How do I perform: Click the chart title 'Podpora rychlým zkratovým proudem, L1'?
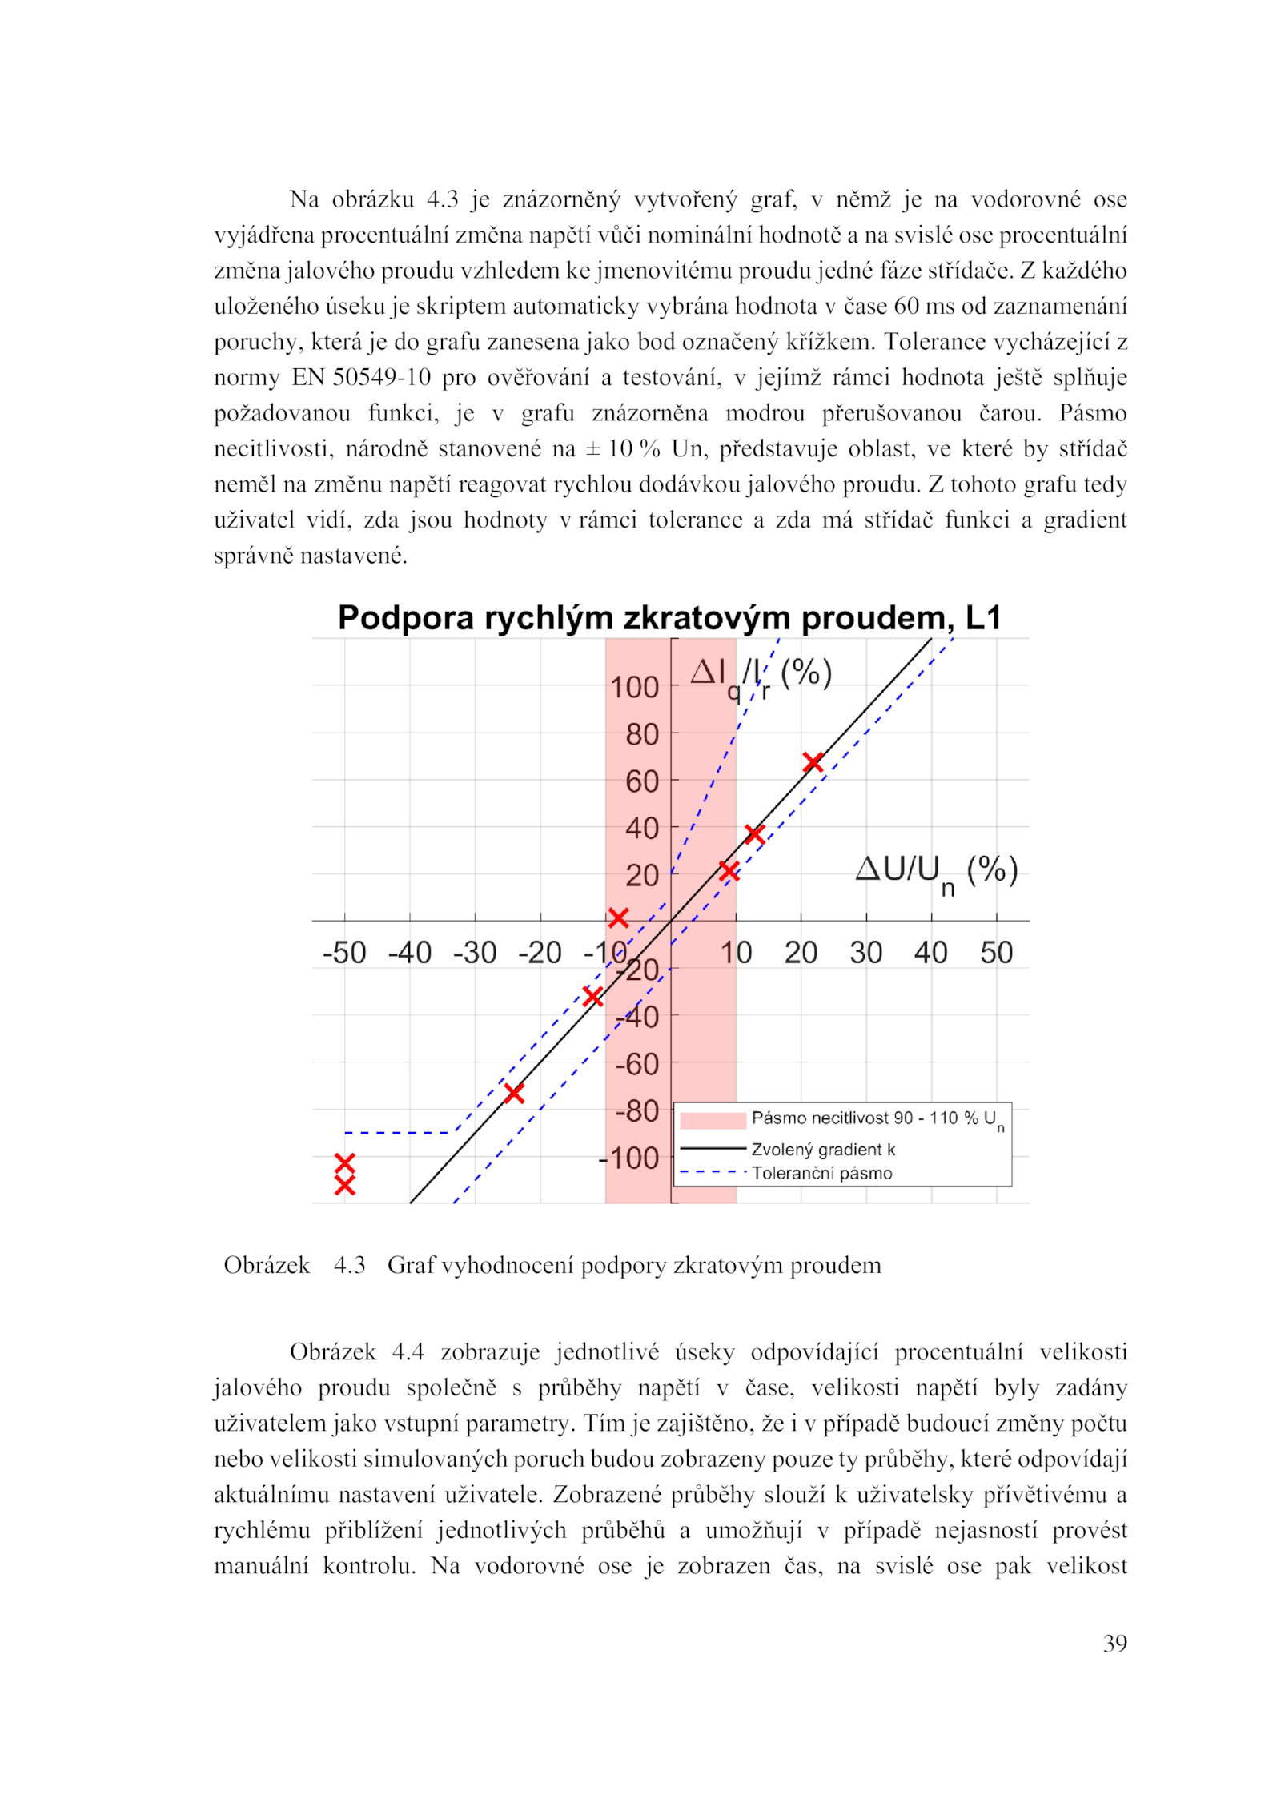pos(669,618)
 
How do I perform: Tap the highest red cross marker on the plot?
pos(813,762)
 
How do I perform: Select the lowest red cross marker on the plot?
pos(344,1186)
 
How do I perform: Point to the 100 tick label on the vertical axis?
pos(634,687)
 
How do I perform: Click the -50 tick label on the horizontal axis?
pos(344,953)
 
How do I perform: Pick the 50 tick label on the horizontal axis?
pos(996,953)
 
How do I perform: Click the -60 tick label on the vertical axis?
pos(637,1064)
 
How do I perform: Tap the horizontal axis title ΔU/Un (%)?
pos(936,871)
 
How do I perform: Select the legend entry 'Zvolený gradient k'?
pos(823,1150)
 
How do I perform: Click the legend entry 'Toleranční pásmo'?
pos(821,1173)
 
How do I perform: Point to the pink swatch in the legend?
pos(713,1120)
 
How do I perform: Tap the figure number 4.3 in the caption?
pos(349,1265)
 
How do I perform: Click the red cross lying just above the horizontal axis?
pos(617,918)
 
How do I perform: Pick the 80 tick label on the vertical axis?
pos(641,734)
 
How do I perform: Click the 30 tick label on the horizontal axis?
pos(865,953)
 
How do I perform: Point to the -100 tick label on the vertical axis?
pos(629,1158)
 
